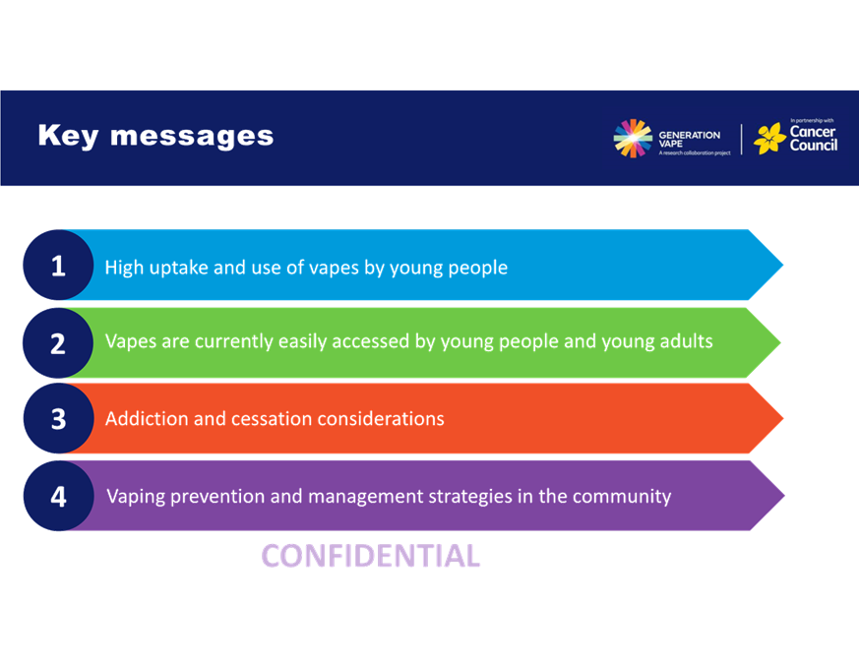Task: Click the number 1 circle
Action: click(58, 266)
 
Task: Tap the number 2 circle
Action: click(58, 343)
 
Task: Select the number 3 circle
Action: click(59, 418)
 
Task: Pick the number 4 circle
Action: click(59, 496)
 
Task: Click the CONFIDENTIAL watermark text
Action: click(371, 556)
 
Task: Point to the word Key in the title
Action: click(69, 136)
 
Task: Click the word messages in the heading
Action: click(192, 137)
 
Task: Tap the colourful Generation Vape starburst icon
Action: click(633, 138)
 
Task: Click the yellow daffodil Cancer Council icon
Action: click(769, 138)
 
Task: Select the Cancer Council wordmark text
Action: click(814, 138)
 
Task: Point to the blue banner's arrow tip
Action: click(783, 265)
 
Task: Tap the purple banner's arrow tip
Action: click(784, 496)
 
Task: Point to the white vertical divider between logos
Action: click(742, 139)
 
